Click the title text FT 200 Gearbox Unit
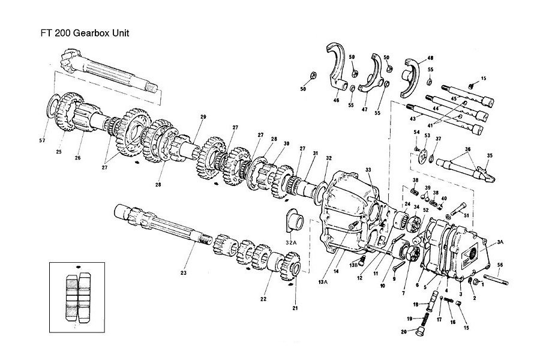77,32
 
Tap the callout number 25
59,152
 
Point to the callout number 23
184,274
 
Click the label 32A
291,242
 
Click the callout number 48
430,58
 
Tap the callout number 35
489,155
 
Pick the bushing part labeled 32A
295,220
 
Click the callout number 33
368,170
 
